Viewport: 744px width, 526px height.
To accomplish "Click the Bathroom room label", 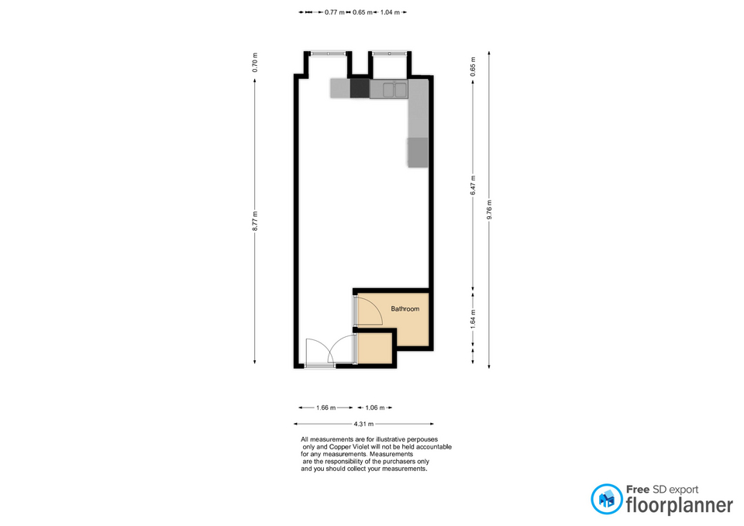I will coord(405,309).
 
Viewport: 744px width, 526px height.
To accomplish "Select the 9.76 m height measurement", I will coord(489,210).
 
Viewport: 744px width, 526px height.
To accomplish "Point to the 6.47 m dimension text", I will coord(473,186).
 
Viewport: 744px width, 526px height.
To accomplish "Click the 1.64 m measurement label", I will coord(473,318).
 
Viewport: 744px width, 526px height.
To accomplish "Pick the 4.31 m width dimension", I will coord(363,424).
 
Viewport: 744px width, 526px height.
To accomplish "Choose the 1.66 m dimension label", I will coord(325,407).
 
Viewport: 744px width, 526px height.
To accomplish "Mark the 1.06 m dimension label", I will coord(376,407).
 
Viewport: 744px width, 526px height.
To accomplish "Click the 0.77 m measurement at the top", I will coord(334,12).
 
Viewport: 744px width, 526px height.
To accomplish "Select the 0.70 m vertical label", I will coord(255,62).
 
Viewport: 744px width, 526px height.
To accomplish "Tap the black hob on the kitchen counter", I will coord(360,88).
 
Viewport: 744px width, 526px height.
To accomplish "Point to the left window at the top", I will coord(326,53).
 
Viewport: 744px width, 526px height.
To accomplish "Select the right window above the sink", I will coord(389,53).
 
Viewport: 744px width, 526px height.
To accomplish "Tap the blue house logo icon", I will coord(606,498).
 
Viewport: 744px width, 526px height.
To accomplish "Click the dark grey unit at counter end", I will coord(418,152).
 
